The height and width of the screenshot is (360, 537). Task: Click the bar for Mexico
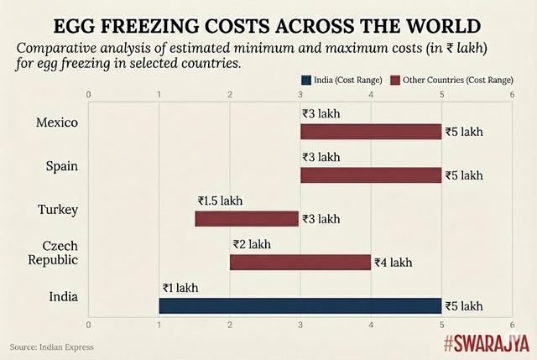[371, 132]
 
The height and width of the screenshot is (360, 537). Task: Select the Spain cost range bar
[371, 175]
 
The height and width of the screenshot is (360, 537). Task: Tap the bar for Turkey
[247, 219]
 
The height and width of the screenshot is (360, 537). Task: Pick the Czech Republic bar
[300, 263]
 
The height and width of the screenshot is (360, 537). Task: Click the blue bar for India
[300, 305]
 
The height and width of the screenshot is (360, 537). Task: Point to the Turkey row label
[58, 209]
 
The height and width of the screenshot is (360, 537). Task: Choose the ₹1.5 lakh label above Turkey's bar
[221, 201]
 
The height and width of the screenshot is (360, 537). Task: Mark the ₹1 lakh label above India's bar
[180, 288]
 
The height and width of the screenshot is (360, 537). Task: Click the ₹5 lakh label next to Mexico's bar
[464, 132]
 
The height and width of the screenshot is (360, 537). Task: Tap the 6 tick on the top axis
[512, 95]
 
